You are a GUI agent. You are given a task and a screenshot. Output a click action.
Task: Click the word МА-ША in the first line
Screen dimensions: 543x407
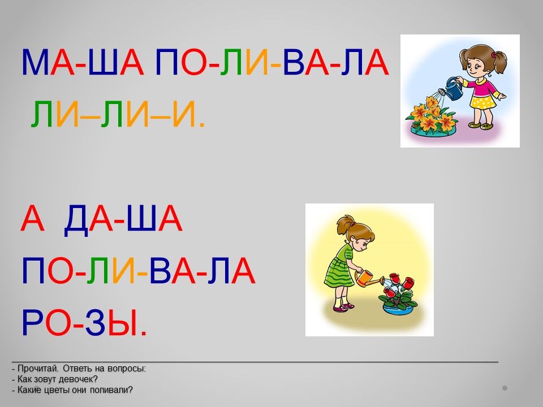click(x=83, y=62)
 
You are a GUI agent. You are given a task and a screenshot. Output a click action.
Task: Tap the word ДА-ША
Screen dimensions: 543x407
click(x=123, y=218)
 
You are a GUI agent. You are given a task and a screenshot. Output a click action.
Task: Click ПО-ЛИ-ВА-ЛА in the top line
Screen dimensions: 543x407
click(x=272, y=62)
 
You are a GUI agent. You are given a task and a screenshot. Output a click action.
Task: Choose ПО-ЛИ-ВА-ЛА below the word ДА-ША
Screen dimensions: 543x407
click(x=138, y=270)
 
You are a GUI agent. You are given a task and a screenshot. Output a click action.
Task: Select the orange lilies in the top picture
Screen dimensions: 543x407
click(x=431, y=114)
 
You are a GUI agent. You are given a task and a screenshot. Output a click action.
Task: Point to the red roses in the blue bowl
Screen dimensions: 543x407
click(x=399, y=290)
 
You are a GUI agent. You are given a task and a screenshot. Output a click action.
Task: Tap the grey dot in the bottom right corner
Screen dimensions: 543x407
click(x=505, y=388)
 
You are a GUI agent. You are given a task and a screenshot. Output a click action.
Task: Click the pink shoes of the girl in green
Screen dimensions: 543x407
click(x=344, y=308)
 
